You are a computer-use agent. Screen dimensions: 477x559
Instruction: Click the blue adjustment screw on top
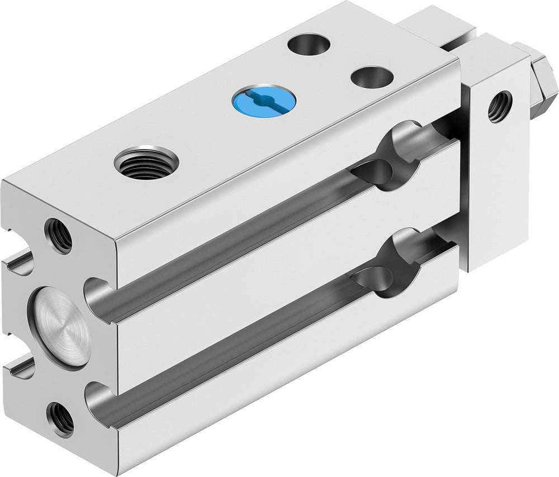pos(264,101)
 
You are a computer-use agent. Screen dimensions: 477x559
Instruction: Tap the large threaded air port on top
pos(146,163)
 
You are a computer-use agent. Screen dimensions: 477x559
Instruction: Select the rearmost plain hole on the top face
pos(309,44)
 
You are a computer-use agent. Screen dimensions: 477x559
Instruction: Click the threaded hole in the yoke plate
pos(500,106)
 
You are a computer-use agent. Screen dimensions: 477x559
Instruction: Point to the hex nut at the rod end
pos(543,84)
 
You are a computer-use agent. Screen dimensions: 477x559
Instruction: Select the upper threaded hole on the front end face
pos(59,235)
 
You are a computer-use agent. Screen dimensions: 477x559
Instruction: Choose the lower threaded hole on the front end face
pos(60,418)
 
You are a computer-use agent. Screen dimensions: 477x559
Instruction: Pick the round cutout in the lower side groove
pos(391,263)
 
